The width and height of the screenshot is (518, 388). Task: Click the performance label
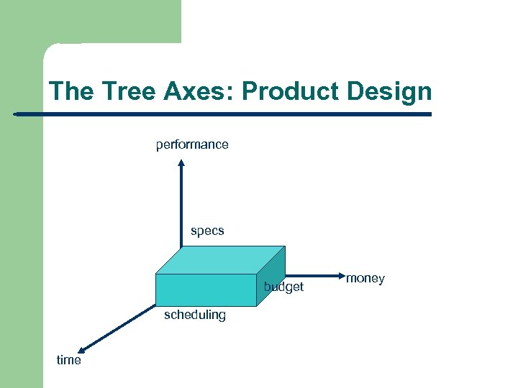[x=192, y=144]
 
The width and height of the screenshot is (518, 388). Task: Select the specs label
[x=207, y=231]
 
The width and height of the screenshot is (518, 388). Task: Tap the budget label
[x=284, y=287]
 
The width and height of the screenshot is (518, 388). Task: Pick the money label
[x=365, y=278]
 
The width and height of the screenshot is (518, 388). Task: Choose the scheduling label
[x=194, y=315]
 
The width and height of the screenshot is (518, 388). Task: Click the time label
[x=69, y=360]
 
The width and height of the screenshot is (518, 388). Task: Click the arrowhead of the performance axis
[x=181, y=163]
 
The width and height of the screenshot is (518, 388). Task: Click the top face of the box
[x=219, y=259]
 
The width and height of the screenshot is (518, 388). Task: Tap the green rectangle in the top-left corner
[x=108, y=22]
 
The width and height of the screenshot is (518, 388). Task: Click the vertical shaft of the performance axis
[x=181, y=208]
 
